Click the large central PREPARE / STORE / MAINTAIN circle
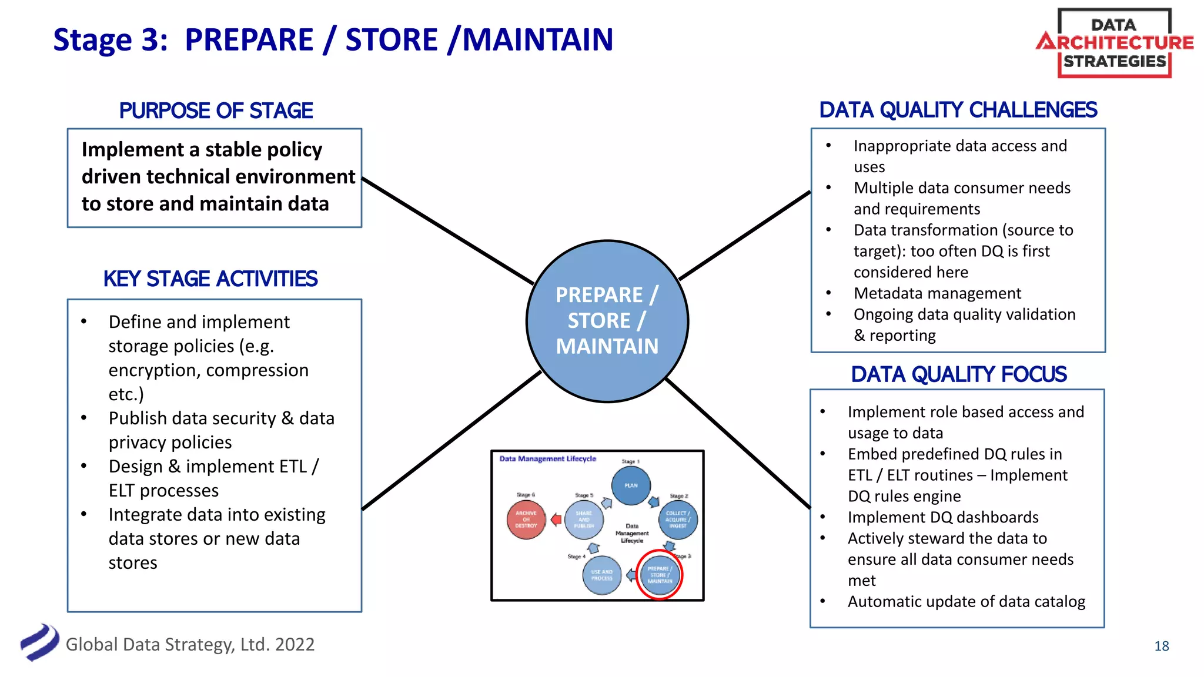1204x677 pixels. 607,321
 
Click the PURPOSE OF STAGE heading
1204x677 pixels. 216,110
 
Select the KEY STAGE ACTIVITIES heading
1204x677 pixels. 210,279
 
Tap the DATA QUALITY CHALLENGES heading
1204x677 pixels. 958,110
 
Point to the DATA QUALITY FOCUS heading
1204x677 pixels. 958,374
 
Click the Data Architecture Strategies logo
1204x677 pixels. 1115,43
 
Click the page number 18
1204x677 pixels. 1161,646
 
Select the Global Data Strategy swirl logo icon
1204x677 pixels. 39,642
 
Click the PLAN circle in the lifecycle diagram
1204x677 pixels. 631,485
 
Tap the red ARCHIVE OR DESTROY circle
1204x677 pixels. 526,520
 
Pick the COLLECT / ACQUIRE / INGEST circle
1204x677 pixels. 678,520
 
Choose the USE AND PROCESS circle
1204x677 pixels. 602,575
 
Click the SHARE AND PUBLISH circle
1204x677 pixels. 584,520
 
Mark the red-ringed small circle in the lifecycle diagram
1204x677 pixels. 660,575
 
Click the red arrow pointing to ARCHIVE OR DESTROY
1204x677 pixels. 556,520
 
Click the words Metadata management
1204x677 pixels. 937,293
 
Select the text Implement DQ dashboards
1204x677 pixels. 943,517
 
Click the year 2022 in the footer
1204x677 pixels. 295,645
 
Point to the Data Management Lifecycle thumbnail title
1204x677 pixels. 547,459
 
